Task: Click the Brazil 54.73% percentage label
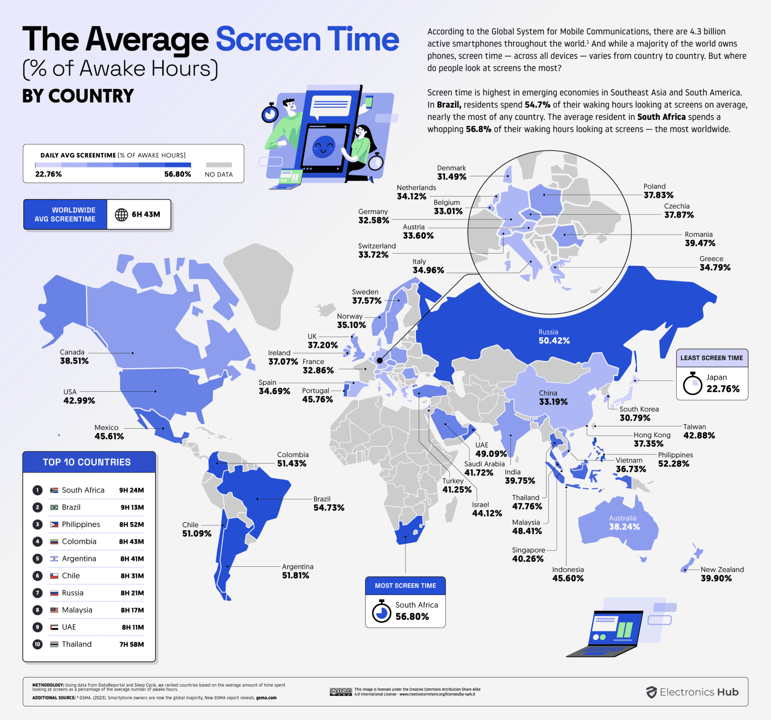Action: click(329, 508)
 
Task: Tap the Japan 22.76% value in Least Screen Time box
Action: click(722, 389)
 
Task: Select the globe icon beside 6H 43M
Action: click(121, 215)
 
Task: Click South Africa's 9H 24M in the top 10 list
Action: click(131, 490)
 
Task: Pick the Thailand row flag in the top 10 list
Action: click(54, 644)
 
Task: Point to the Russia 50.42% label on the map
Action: click(554, 340)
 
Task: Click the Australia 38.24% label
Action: click(624, 527)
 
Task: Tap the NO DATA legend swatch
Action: click(219, 165)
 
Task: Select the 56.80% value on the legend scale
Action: click(177, 174)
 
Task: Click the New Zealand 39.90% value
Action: click(716, 578)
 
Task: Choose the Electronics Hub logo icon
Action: click(651, 692)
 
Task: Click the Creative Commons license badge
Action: click(340, 692)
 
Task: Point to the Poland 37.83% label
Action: click(658, 195)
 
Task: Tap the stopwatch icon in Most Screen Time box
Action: click(381, 611)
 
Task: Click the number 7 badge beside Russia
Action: click(38, 593)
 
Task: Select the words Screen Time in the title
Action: click(307, 40)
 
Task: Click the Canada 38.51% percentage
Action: click(74, 361)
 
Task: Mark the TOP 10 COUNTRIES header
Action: click(87, 462)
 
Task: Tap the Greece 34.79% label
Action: click(715, 268)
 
